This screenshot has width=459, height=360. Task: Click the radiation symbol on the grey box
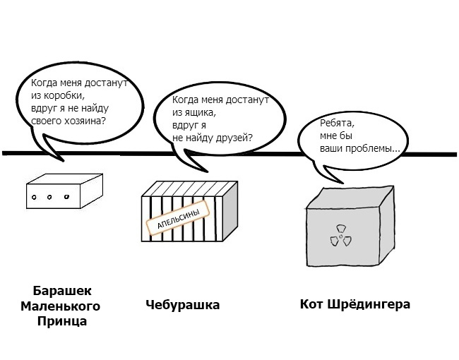[339, 236]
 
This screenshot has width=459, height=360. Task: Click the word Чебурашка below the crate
[183, 305]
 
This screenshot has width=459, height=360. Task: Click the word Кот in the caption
[311, 304]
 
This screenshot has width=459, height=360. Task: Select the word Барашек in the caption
[63, 291]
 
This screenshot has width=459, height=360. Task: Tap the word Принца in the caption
[63, 321]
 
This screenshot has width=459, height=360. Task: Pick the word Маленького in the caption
[60, 306]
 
